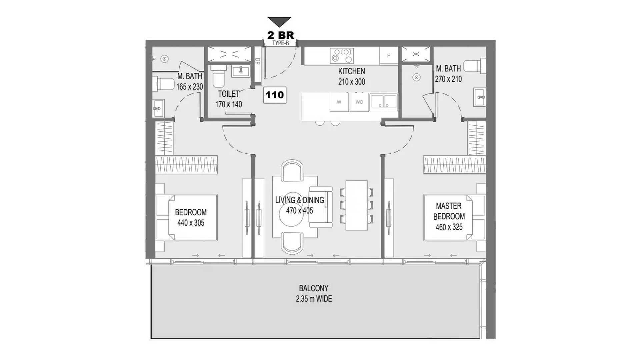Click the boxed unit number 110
pyautogui.click(x=275, y=95)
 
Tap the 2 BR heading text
pyautogui.click(x=281, y=35)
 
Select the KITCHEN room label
pyautogui.click(x=351, y=71)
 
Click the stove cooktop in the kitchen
pyautogui.click(x=342, y=56)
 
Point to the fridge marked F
pyautogui.click(x=389, y=56)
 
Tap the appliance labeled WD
pyautogui.click(x=359, y=102)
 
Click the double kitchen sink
pyautogui.click(x=383, y=102)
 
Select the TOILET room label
pyautogui.click(x=229, y=94)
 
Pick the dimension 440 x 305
pyautogui.click(x=191, y=223)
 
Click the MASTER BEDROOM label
pyautogui.click(x=449, y=211)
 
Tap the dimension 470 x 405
pyautogui.click(x=299, y=211)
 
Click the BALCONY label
pyautogui.click(x=314, y=288)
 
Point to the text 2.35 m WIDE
pyautogui.click(x=314, y=299)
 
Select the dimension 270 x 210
pyautogui.click(x=448, y=79)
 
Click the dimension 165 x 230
pyautogui.click(x=190, y=87)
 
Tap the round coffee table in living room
pyautogui.click(x=291, y=213)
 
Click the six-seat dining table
pyautogui.click(x=357, y=205)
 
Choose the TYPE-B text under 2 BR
pyautogui.click(x=280, y=43)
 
